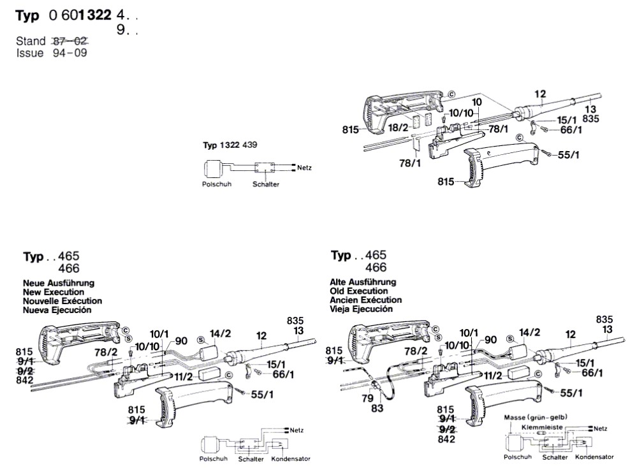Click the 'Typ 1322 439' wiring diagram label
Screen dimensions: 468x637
230,145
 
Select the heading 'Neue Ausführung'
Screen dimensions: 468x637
59,282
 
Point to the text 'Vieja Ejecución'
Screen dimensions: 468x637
362,309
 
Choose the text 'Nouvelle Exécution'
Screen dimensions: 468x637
62,300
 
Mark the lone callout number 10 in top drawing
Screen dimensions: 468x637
476,102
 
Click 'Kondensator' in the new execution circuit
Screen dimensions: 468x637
290,459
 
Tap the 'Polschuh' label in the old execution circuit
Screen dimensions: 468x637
518,457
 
